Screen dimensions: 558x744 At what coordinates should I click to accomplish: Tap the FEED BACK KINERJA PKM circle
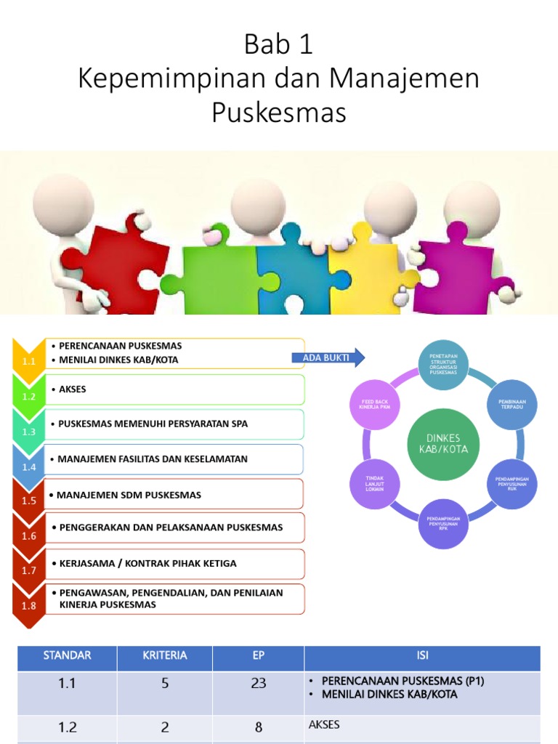(375, 404)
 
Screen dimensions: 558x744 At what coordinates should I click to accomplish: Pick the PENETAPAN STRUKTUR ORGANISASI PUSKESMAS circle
(443, 364)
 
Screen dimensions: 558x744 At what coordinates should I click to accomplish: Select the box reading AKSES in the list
(174, 389)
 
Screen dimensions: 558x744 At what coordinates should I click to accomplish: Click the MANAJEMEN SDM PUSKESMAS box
(174, 495)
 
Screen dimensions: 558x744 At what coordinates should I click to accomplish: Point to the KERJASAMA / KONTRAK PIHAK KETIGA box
(174, 563)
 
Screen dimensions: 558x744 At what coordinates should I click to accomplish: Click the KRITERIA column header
(164, 655)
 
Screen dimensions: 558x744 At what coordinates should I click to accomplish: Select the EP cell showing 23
(258, 683)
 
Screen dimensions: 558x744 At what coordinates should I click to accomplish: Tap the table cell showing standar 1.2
(67, 727)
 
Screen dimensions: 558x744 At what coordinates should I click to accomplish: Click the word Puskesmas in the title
(279, 113)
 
